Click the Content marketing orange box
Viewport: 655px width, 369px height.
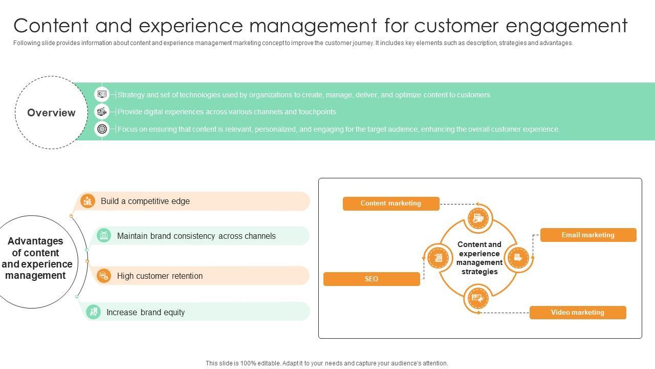(x=391, y=203)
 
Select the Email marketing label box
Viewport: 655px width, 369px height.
(x=588, y=235)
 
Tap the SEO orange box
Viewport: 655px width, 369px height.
(x=372, y=279)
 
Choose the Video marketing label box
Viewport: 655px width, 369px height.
(x=578, y=313)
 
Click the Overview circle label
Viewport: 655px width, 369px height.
(x=51, y=112)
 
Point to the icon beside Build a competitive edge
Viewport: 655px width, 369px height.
(x=88, y=201)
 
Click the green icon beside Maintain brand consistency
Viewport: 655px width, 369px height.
(x=103, y=235)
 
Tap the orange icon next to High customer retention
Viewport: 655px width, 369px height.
(x=103, y=276)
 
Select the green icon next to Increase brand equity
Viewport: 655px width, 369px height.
(x=93, y=312)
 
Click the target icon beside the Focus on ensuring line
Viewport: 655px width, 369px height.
(x=102, y=129)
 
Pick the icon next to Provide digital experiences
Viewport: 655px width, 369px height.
(x=102, y=112)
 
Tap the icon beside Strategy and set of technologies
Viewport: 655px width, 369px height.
(x=102, y=94)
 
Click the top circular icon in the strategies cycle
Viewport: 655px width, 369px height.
(x=478, y=218)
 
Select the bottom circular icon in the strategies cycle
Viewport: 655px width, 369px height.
(x=478, y=298)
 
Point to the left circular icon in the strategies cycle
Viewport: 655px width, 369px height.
(x=438, y=258)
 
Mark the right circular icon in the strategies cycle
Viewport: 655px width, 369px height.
(x=518, y=258)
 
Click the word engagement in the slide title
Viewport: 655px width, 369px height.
(x=566, y=26)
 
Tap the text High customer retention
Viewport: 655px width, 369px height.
(x=160, y=276)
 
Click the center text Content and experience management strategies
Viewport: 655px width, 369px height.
(x=479, y=258)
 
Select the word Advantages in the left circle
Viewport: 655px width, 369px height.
(x=35, y=241)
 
